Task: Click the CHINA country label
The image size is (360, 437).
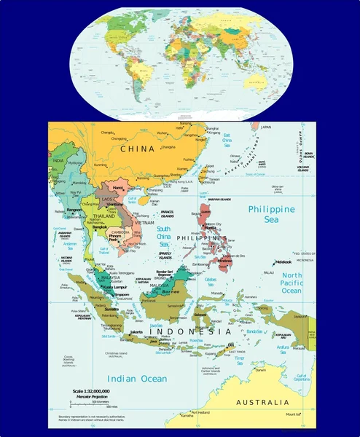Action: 138,149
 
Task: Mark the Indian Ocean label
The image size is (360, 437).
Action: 136,379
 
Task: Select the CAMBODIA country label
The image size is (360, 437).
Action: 120,232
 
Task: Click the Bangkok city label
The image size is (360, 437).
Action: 101,227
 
